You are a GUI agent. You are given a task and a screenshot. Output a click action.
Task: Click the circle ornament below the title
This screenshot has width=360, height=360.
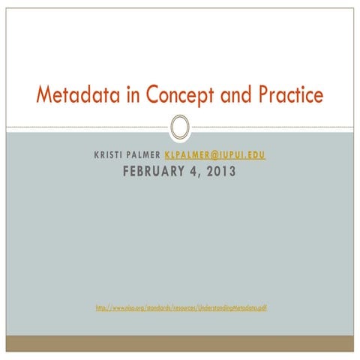[180, 127]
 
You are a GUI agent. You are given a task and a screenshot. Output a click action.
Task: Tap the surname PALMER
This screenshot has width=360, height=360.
[142, 156]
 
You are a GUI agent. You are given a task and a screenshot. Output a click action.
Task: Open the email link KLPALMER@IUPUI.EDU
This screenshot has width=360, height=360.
[214, 156]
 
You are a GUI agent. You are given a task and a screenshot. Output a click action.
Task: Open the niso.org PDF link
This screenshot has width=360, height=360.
[180, 307]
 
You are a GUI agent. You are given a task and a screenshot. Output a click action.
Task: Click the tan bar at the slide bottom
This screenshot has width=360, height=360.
[180, 343]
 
